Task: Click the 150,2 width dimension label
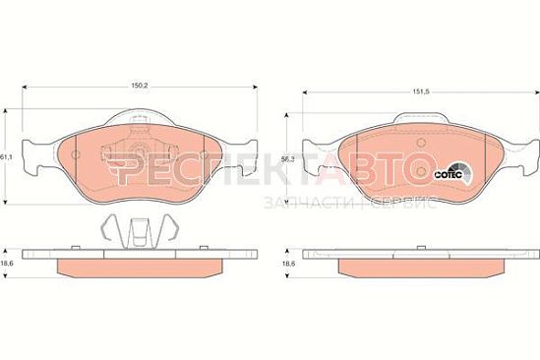pos(139,86)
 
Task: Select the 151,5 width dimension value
pos(422,91)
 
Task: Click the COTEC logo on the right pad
pos(453,173)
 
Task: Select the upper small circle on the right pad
pos(421,143)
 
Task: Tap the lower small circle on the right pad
pos(421,171)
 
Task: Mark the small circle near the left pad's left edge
pos(76,155)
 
